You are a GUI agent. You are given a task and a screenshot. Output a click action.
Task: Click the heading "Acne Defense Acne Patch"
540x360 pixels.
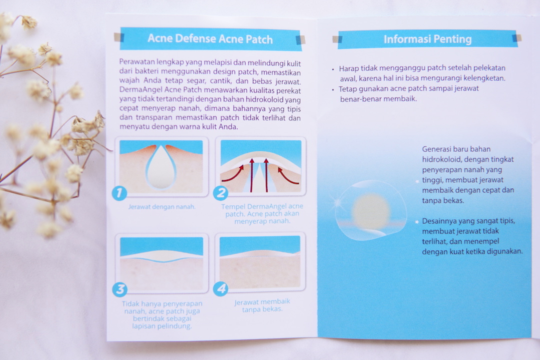210,39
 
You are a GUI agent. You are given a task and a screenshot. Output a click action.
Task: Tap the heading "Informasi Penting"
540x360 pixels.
427,39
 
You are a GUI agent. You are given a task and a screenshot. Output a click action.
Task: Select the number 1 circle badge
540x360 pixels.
119,193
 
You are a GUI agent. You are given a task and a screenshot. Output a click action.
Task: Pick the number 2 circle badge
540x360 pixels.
220,193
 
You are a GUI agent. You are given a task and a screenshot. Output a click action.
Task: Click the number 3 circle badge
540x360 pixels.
119,289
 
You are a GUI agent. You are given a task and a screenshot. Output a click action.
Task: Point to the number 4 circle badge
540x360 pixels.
220,289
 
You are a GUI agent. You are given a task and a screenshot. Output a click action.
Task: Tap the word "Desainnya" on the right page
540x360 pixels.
439,220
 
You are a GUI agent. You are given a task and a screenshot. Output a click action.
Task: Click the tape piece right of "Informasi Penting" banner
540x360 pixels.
517,38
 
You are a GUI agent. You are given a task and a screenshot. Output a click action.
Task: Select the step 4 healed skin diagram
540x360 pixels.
260,262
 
